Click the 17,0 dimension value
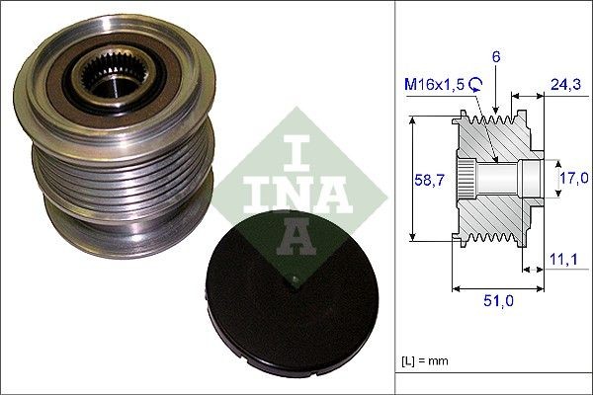pos(574,178)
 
